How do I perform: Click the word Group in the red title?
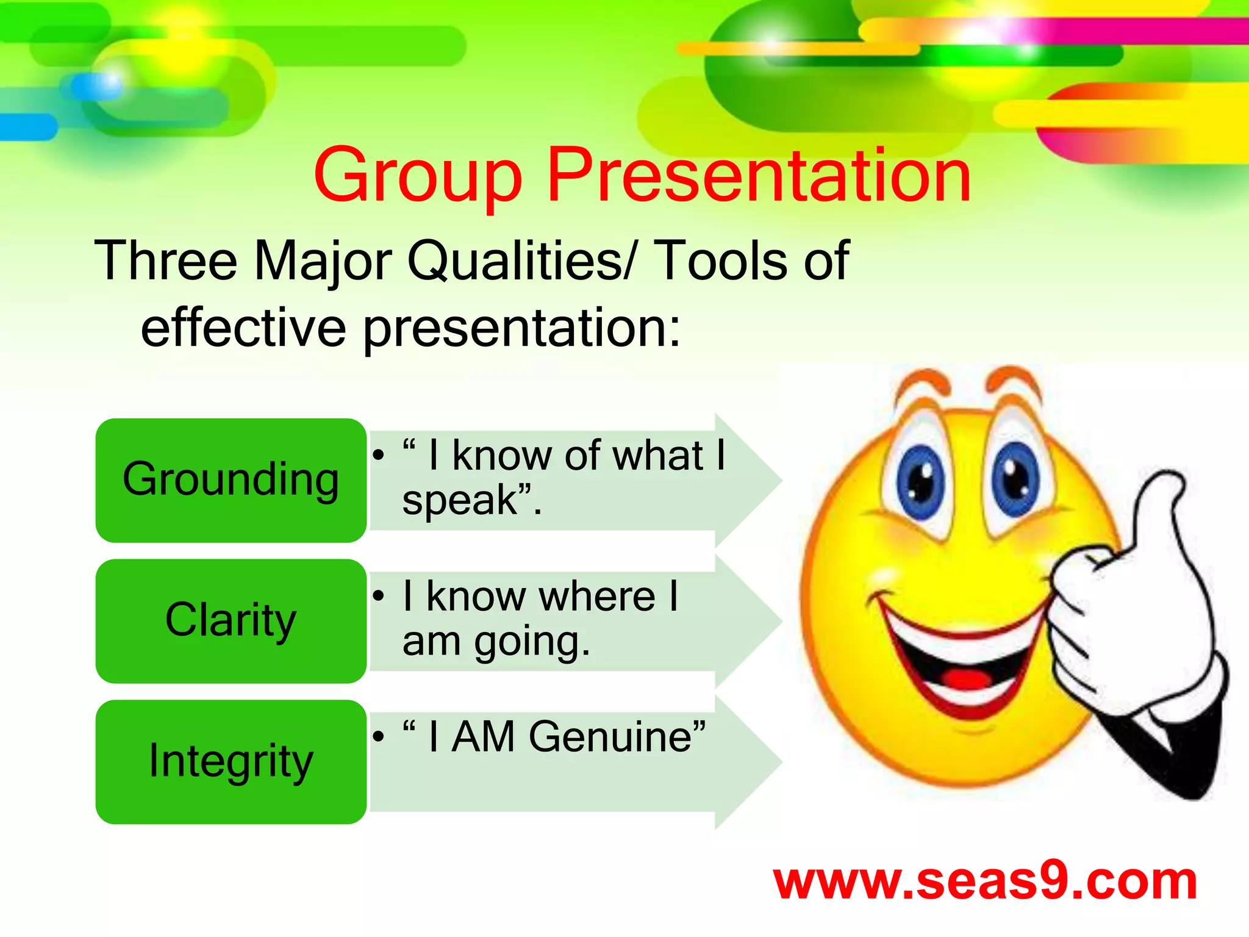point(418,177)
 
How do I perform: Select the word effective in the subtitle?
point(243,328)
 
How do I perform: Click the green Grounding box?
point(231,480)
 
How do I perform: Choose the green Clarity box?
point(231,620)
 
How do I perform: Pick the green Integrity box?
point(231,761)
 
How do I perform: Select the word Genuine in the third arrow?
point(610,737)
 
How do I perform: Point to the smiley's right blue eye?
point(1015,479)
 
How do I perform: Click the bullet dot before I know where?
point(379,596)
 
